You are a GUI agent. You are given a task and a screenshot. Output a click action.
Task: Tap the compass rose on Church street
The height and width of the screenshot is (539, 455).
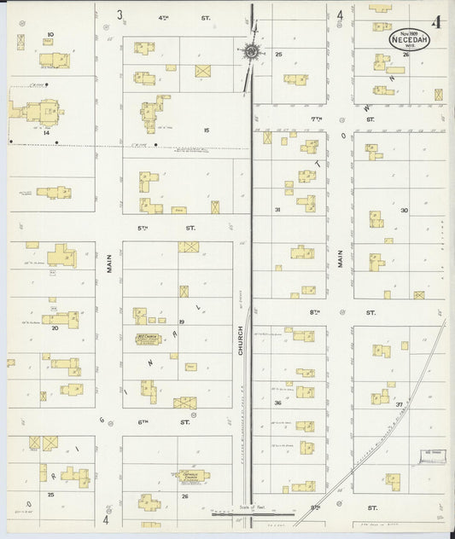[x=251, y=52]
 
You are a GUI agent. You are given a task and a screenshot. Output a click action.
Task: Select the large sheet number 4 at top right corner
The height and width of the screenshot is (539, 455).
[x=436, y=22]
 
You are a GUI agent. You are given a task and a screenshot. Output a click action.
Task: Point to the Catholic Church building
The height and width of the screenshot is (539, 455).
[x=194, y=476]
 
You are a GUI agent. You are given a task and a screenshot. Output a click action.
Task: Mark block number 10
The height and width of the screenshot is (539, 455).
[x=50, y=34]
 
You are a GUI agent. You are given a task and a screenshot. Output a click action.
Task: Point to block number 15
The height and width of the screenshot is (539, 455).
[x=206, y=130]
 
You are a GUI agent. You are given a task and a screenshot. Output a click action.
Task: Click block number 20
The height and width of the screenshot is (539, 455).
[x=55, y=327]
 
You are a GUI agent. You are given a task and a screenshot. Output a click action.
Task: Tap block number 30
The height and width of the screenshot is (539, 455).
[x=403, y=210]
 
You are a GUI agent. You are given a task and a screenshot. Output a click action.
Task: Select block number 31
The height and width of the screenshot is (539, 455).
[x=277, y=209]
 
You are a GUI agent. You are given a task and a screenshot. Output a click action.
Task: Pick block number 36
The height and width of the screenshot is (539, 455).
[x=277, y=403]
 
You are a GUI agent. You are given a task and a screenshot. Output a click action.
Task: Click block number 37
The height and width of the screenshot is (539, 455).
[x=400, y=404]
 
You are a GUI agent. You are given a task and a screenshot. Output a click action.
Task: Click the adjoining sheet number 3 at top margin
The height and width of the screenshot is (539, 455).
[x=120, y=14]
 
